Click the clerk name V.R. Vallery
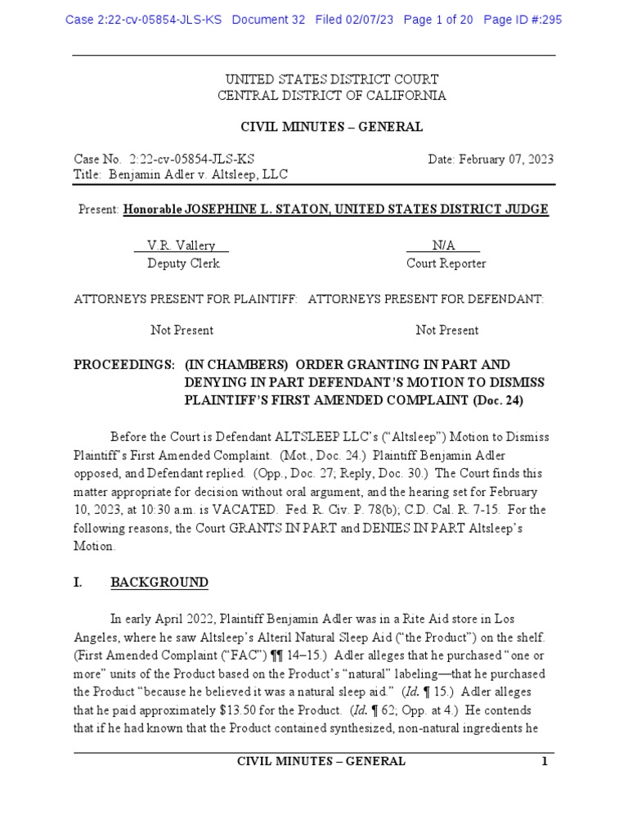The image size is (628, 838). pyautogui.click(x=181, y=246)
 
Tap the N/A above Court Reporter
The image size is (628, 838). pyautogui.click(x=443, y=246)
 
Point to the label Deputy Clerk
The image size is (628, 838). pyautogui.click(x=183, y=264)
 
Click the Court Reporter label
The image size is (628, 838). pyautogui.click(x=446, y=264)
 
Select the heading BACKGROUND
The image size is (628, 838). pyautogui.click(x=159, y=583)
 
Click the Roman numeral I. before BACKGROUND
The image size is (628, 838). pyautogui.click(x=80, y=583)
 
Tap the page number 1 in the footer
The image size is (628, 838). pyautogui.click(x=544, y=761)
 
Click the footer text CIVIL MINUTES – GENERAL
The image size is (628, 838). pyautogui.click(x=321, y=761)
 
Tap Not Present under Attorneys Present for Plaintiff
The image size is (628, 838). pyautogui.click(x=182, y=331)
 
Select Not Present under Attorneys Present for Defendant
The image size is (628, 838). pyautogui.click(x=447, y=331)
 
